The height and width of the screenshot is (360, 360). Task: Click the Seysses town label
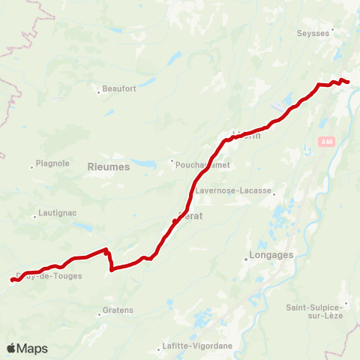click(313, 33)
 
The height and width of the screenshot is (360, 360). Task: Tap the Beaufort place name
click(120, 88)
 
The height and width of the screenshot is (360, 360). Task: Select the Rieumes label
click(109, 167)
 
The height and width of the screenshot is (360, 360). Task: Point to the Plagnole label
click(53, 163)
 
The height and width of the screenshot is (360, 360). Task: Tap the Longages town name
click(268, 255)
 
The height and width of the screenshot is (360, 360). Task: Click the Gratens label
click(118, 310)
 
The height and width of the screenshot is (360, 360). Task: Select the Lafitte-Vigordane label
click(197, 346)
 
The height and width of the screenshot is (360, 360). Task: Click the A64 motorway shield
click(325, 141)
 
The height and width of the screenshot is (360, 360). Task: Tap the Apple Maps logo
click(27, 349)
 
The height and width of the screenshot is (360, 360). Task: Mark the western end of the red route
click(12, 280)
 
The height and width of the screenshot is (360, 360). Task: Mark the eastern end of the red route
click(349, 82)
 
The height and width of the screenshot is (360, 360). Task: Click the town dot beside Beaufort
click(98, 93)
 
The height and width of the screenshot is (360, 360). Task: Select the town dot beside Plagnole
click(32, 166)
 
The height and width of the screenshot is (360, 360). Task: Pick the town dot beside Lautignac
click(34, 217)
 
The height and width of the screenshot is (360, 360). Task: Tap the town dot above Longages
click(246, 260)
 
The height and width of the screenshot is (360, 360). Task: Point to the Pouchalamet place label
click(202, 165)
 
